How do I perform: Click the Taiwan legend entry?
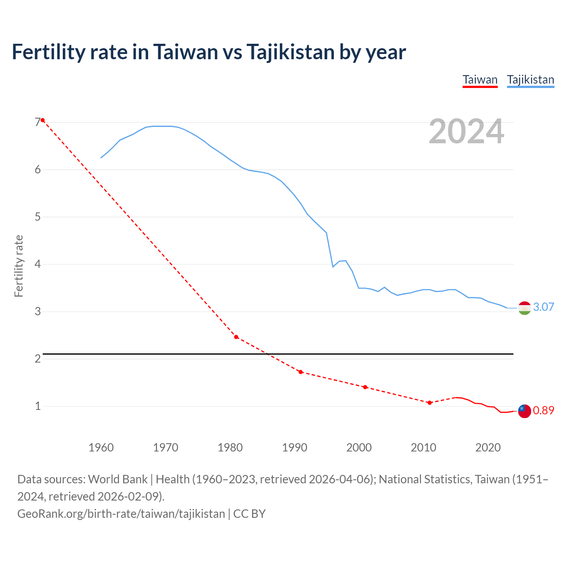click(x=480, y=80)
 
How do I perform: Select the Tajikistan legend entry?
click(x=530, y=80)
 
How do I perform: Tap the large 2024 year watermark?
click(x=466, y=132)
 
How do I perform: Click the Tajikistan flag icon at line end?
click(x=524, y=308)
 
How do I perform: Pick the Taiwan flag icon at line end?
click(x=524, y=411)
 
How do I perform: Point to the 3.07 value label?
click(x=543, y=307)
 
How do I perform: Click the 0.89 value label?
click(x=543, y=410)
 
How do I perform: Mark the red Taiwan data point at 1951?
click(x=43, y=120)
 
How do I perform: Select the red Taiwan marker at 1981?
click(x=236, y=337)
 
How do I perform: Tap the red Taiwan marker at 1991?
click(x=301, y=372)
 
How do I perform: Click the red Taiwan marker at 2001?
click(x=365, y=387)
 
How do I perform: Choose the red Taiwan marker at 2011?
click(x=429, y=402)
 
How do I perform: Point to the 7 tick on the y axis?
click(x=38, y=122)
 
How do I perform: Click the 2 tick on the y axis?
click(x=38, y=359)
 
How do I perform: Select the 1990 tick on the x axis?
click(x=294, y=447)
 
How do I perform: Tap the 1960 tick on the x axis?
click(x=101, y=447)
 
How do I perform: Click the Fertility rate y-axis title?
click(x=19, y=266)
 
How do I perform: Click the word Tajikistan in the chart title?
click(x=290, y=52)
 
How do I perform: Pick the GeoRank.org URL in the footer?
click(x=121, y=513)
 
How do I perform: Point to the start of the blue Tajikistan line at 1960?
click(x=101, y=157)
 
